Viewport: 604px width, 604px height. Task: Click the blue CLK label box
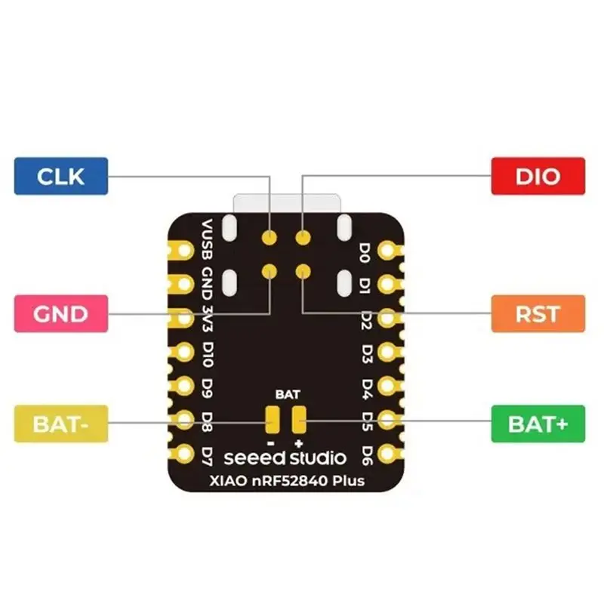click(61, 176)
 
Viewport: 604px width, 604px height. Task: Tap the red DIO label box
click(538, 176)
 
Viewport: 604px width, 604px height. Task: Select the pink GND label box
click(61, 313)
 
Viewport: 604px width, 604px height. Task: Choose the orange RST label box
click(538, 313)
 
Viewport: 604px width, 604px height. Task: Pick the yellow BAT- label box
click(61, 424)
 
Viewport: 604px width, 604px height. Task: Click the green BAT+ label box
click(538, 424)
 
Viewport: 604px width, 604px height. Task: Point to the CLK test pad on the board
click(270, 237)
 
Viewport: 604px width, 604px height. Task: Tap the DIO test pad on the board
click(304, 237)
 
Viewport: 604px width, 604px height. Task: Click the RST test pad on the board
click(304, 271)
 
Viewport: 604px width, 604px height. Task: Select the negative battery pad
click(273, 420)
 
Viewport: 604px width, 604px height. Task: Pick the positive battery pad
click(299, 420)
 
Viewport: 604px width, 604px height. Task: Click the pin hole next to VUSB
click(185, 251)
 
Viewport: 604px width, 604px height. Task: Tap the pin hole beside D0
click(387, 251)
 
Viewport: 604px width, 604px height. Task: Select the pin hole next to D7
click(185, 454)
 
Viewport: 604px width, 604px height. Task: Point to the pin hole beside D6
click(387, 454)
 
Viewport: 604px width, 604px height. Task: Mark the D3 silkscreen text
click(368, 354)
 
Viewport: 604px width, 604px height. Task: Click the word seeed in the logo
click(254, 458)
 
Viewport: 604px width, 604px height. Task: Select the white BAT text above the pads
click(288, 394)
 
